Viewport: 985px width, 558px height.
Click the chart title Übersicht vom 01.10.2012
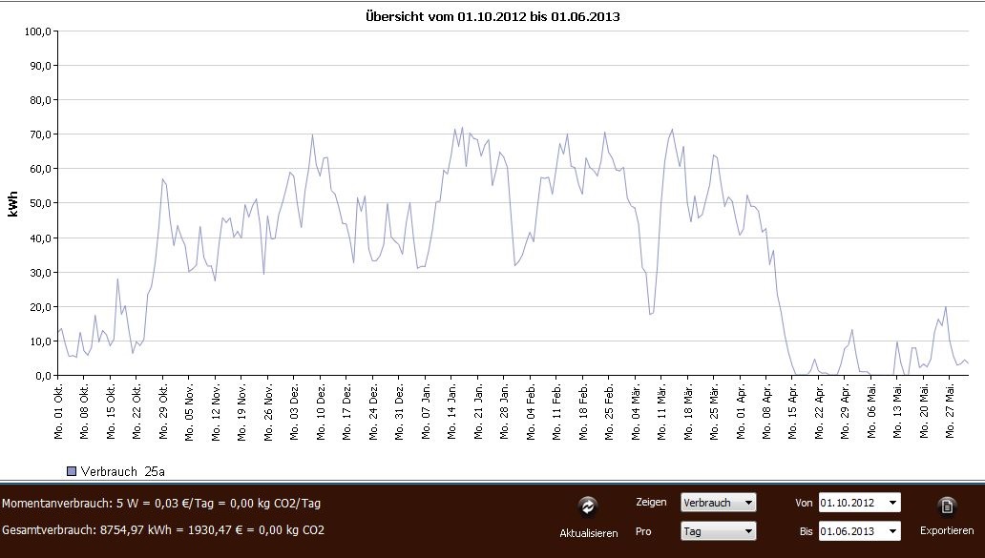[492, 17]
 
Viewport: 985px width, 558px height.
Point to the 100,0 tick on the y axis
[35, 31]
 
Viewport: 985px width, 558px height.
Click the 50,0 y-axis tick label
[37, 203]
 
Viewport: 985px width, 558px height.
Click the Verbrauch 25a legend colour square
[72, 470]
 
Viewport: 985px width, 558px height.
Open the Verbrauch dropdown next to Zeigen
[718, 502]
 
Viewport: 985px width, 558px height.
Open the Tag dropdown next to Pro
[718, 530]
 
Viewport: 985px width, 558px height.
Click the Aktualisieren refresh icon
[588, 506]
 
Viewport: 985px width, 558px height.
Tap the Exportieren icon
[947, 506]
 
